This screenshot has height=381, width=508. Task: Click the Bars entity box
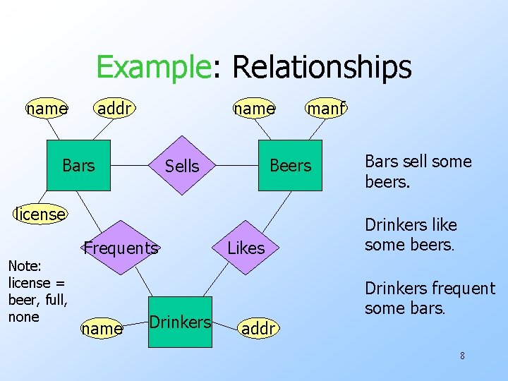coord(78,166)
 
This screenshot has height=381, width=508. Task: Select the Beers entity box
coord(290,166)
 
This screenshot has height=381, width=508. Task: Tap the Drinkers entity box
coord(180,322)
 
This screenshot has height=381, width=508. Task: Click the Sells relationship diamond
coord(182,166)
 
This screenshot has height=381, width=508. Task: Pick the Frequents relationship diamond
coord(121,248)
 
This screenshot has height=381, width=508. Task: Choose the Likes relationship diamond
coord(246,248)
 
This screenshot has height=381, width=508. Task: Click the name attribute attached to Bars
coord(47,108)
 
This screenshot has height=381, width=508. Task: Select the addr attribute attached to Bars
coord(116,108)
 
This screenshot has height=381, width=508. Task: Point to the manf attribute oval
coord(325,108)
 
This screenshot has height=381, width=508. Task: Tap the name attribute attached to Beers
coord(254,108)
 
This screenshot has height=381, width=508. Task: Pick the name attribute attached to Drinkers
coord(102,328)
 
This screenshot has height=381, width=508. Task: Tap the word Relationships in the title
coord(321,67)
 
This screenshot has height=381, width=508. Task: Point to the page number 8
coord(462,356)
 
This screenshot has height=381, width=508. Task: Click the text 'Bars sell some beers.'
coord(418,171)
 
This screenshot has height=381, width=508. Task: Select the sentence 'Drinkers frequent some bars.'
coord(429,298)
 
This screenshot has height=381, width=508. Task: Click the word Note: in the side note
coord(25,266)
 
